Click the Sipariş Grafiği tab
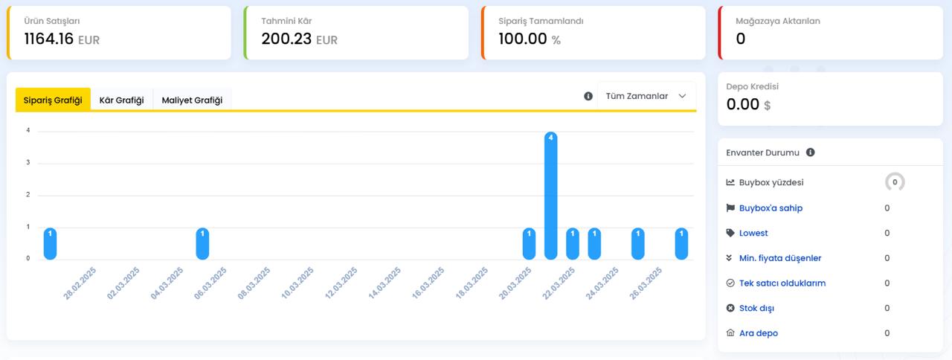coord(53,100)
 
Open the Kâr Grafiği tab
coord(121,100)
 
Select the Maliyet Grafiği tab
coord(192,100)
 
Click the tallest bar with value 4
coord(551,196)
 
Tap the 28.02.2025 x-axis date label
coord(80,283)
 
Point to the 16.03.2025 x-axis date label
coord(428,283)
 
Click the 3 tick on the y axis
coord(28,162)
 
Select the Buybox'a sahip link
coord(771,208)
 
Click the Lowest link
coord(753,233)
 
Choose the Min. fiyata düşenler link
coord(780,258)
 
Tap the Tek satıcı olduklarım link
coord(782,283)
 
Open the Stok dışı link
coord(756,308)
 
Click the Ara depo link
coord(759,333)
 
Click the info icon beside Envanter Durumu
coord(811,152)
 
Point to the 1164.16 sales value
coord(49,39)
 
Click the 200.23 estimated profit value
coord(286,39)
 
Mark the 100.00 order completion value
coord(523,39)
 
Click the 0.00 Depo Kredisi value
coord(742,104)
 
